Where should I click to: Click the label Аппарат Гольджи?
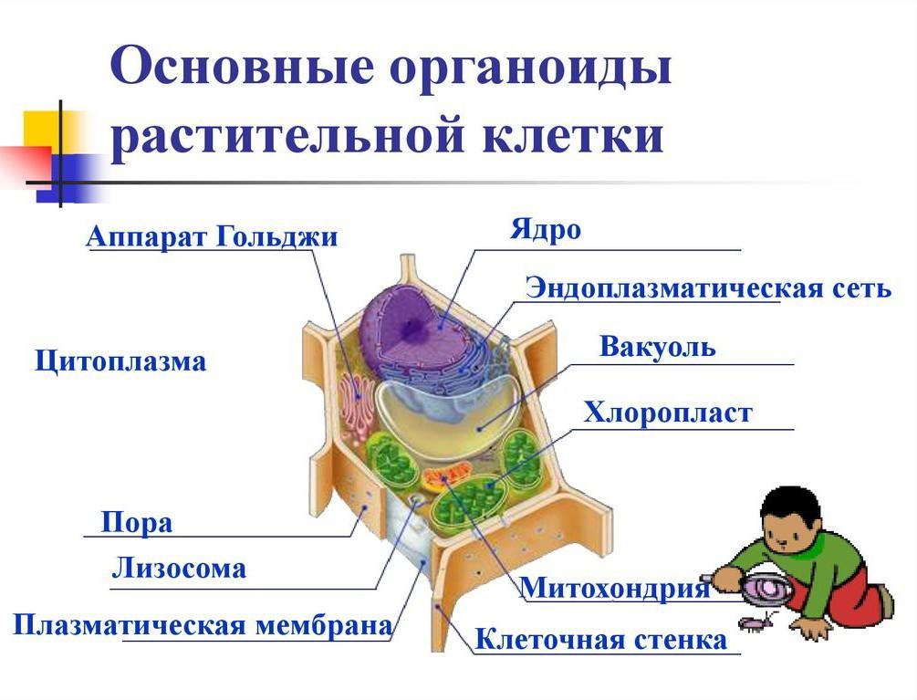pos(212,237)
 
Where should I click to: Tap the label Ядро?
pos(545,229)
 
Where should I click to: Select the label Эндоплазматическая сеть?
pos(707,288)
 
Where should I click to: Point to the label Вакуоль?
pos(657,348)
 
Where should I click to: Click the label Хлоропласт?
pos(668,413)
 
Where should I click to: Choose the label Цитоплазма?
pos(120,361)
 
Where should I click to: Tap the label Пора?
pos(136,523)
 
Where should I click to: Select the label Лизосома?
pos(179,569)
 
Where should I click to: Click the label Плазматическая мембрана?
pos(202,626)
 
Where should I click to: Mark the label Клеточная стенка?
pos(601,640)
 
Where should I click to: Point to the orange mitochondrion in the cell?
pos(446,475)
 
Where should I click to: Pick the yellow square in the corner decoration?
pos(42,131)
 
